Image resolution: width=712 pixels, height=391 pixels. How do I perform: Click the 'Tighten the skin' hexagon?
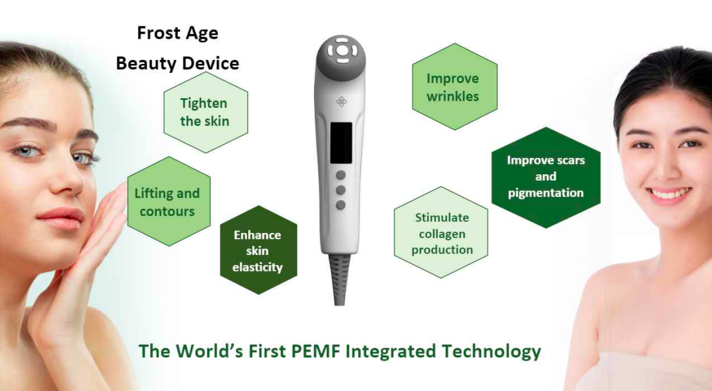click(206, 112)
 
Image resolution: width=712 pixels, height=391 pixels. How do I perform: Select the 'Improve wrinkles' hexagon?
click(455, 86)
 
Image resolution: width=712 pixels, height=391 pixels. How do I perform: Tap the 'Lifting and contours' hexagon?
click(169, 202)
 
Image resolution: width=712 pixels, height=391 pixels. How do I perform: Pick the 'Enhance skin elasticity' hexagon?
click(259, 250)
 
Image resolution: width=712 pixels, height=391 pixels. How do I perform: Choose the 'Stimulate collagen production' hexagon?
click(441, 232)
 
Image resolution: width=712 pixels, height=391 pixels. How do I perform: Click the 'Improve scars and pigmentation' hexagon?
click(546, 177)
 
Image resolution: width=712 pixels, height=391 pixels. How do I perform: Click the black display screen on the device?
click(341, 143)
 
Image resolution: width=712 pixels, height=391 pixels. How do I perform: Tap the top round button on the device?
click(341, 175)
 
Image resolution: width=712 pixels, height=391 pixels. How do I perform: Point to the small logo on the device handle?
click(341, 102)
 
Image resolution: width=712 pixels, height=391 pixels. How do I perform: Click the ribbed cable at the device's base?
click(340, 279)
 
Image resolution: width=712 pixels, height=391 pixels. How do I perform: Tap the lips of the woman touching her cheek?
click(61, 218)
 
